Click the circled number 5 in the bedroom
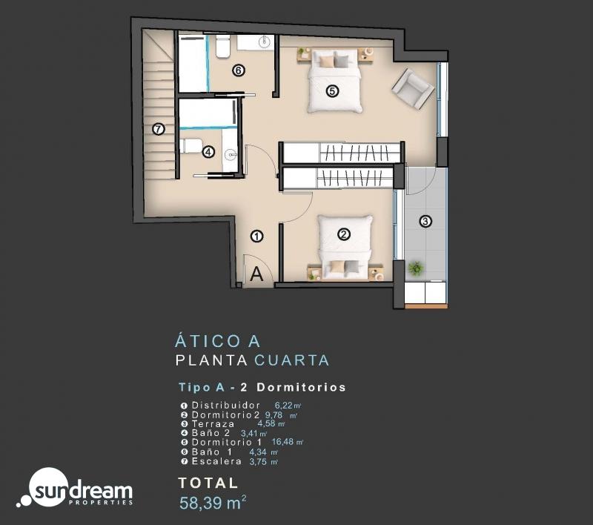pos(332,91)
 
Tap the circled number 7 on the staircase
pos(159,129)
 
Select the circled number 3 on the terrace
pos(425,221)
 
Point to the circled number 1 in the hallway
pos(257,237)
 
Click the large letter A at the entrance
pos(256,274)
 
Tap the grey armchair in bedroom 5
pos(413,88)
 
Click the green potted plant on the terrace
pos(416,268)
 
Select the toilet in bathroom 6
pos(223,46)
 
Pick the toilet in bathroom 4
pos(191,145)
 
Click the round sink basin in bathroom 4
pos(231,154)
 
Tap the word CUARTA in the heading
pos(291,360)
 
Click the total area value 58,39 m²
pos(213,503)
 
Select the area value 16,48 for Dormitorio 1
pos(282,442)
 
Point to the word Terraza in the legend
pos(213,424)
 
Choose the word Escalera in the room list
pos(216,461)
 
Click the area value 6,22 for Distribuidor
pos(284,405)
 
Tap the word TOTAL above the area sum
pos(208,483)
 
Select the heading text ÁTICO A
pos(217,340)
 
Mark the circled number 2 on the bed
pos(343,234)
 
